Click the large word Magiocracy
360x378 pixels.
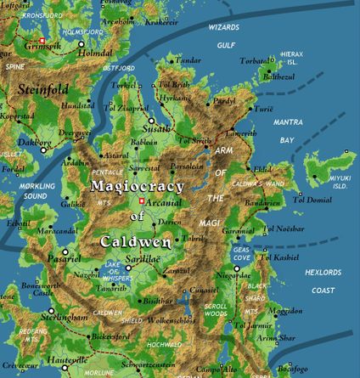point(132,183)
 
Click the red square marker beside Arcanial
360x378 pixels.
point(142,200)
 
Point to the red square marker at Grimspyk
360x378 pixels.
point(41,40)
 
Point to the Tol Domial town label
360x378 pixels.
point(312,200)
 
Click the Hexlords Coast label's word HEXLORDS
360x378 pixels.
point(323,272)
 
